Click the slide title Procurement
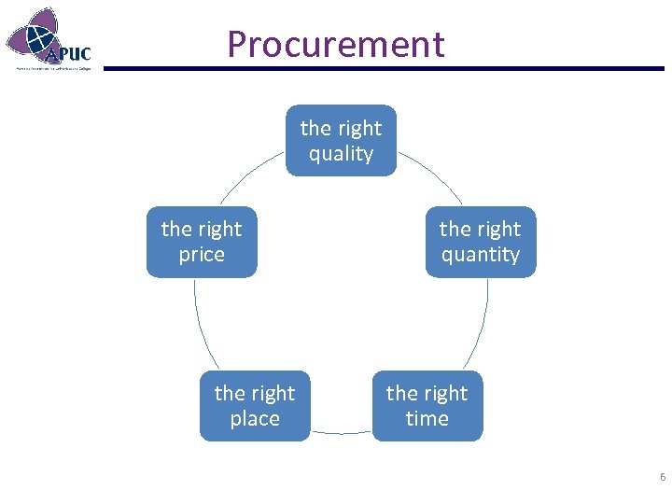click(335, 44)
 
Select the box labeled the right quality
click(341, 140)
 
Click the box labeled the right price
click(202, 242)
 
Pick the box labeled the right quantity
click(481, 242)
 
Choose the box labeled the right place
click(255, 406)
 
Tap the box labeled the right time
click(427, 406)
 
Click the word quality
click(341, 154)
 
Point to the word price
click(202, 255)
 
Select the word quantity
click(481, 255)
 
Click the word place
click(255, 419)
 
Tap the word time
click(427, 419)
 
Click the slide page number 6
click(662, 477)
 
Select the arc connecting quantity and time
click(481, 327)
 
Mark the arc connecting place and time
click(341, 433)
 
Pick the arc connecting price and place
click(200, 327)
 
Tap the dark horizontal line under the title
click(383, 68)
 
